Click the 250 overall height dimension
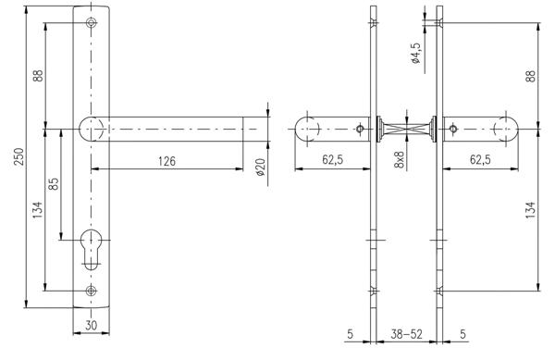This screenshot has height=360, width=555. (18, 156)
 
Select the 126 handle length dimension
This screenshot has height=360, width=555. (166, 161)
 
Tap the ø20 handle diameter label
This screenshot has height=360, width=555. (261, 168)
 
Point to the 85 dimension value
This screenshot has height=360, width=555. (54, 183)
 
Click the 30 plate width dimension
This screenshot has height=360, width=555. (91, 325)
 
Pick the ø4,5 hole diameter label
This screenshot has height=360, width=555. (415, 53)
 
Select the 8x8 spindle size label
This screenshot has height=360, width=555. (400, 159)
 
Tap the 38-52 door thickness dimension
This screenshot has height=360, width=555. (406, 334)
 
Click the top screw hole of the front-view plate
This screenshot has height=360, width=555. (92, 22)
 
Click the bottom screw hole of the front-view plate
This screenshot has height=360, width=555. (92, 291)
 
